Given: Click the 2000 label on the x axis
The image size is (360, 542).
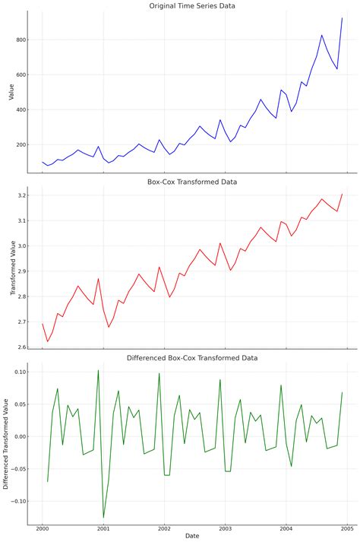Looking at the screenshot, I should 42,528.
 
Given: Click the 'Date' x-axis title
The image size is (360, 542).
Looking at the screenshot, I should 192,536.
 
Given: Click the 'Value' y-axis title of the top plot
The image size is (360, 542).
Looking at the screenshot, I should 11,92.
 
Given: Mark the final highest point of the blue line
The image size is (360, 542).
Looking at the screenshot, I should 342,18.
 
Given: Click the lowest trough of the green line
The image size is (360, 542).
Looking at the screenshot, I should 103,518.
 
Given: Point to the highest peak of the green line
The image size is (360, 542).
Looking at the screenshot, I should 98,370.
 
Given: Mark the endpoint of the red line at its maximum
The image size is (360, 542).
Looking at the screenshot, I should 342,194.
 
